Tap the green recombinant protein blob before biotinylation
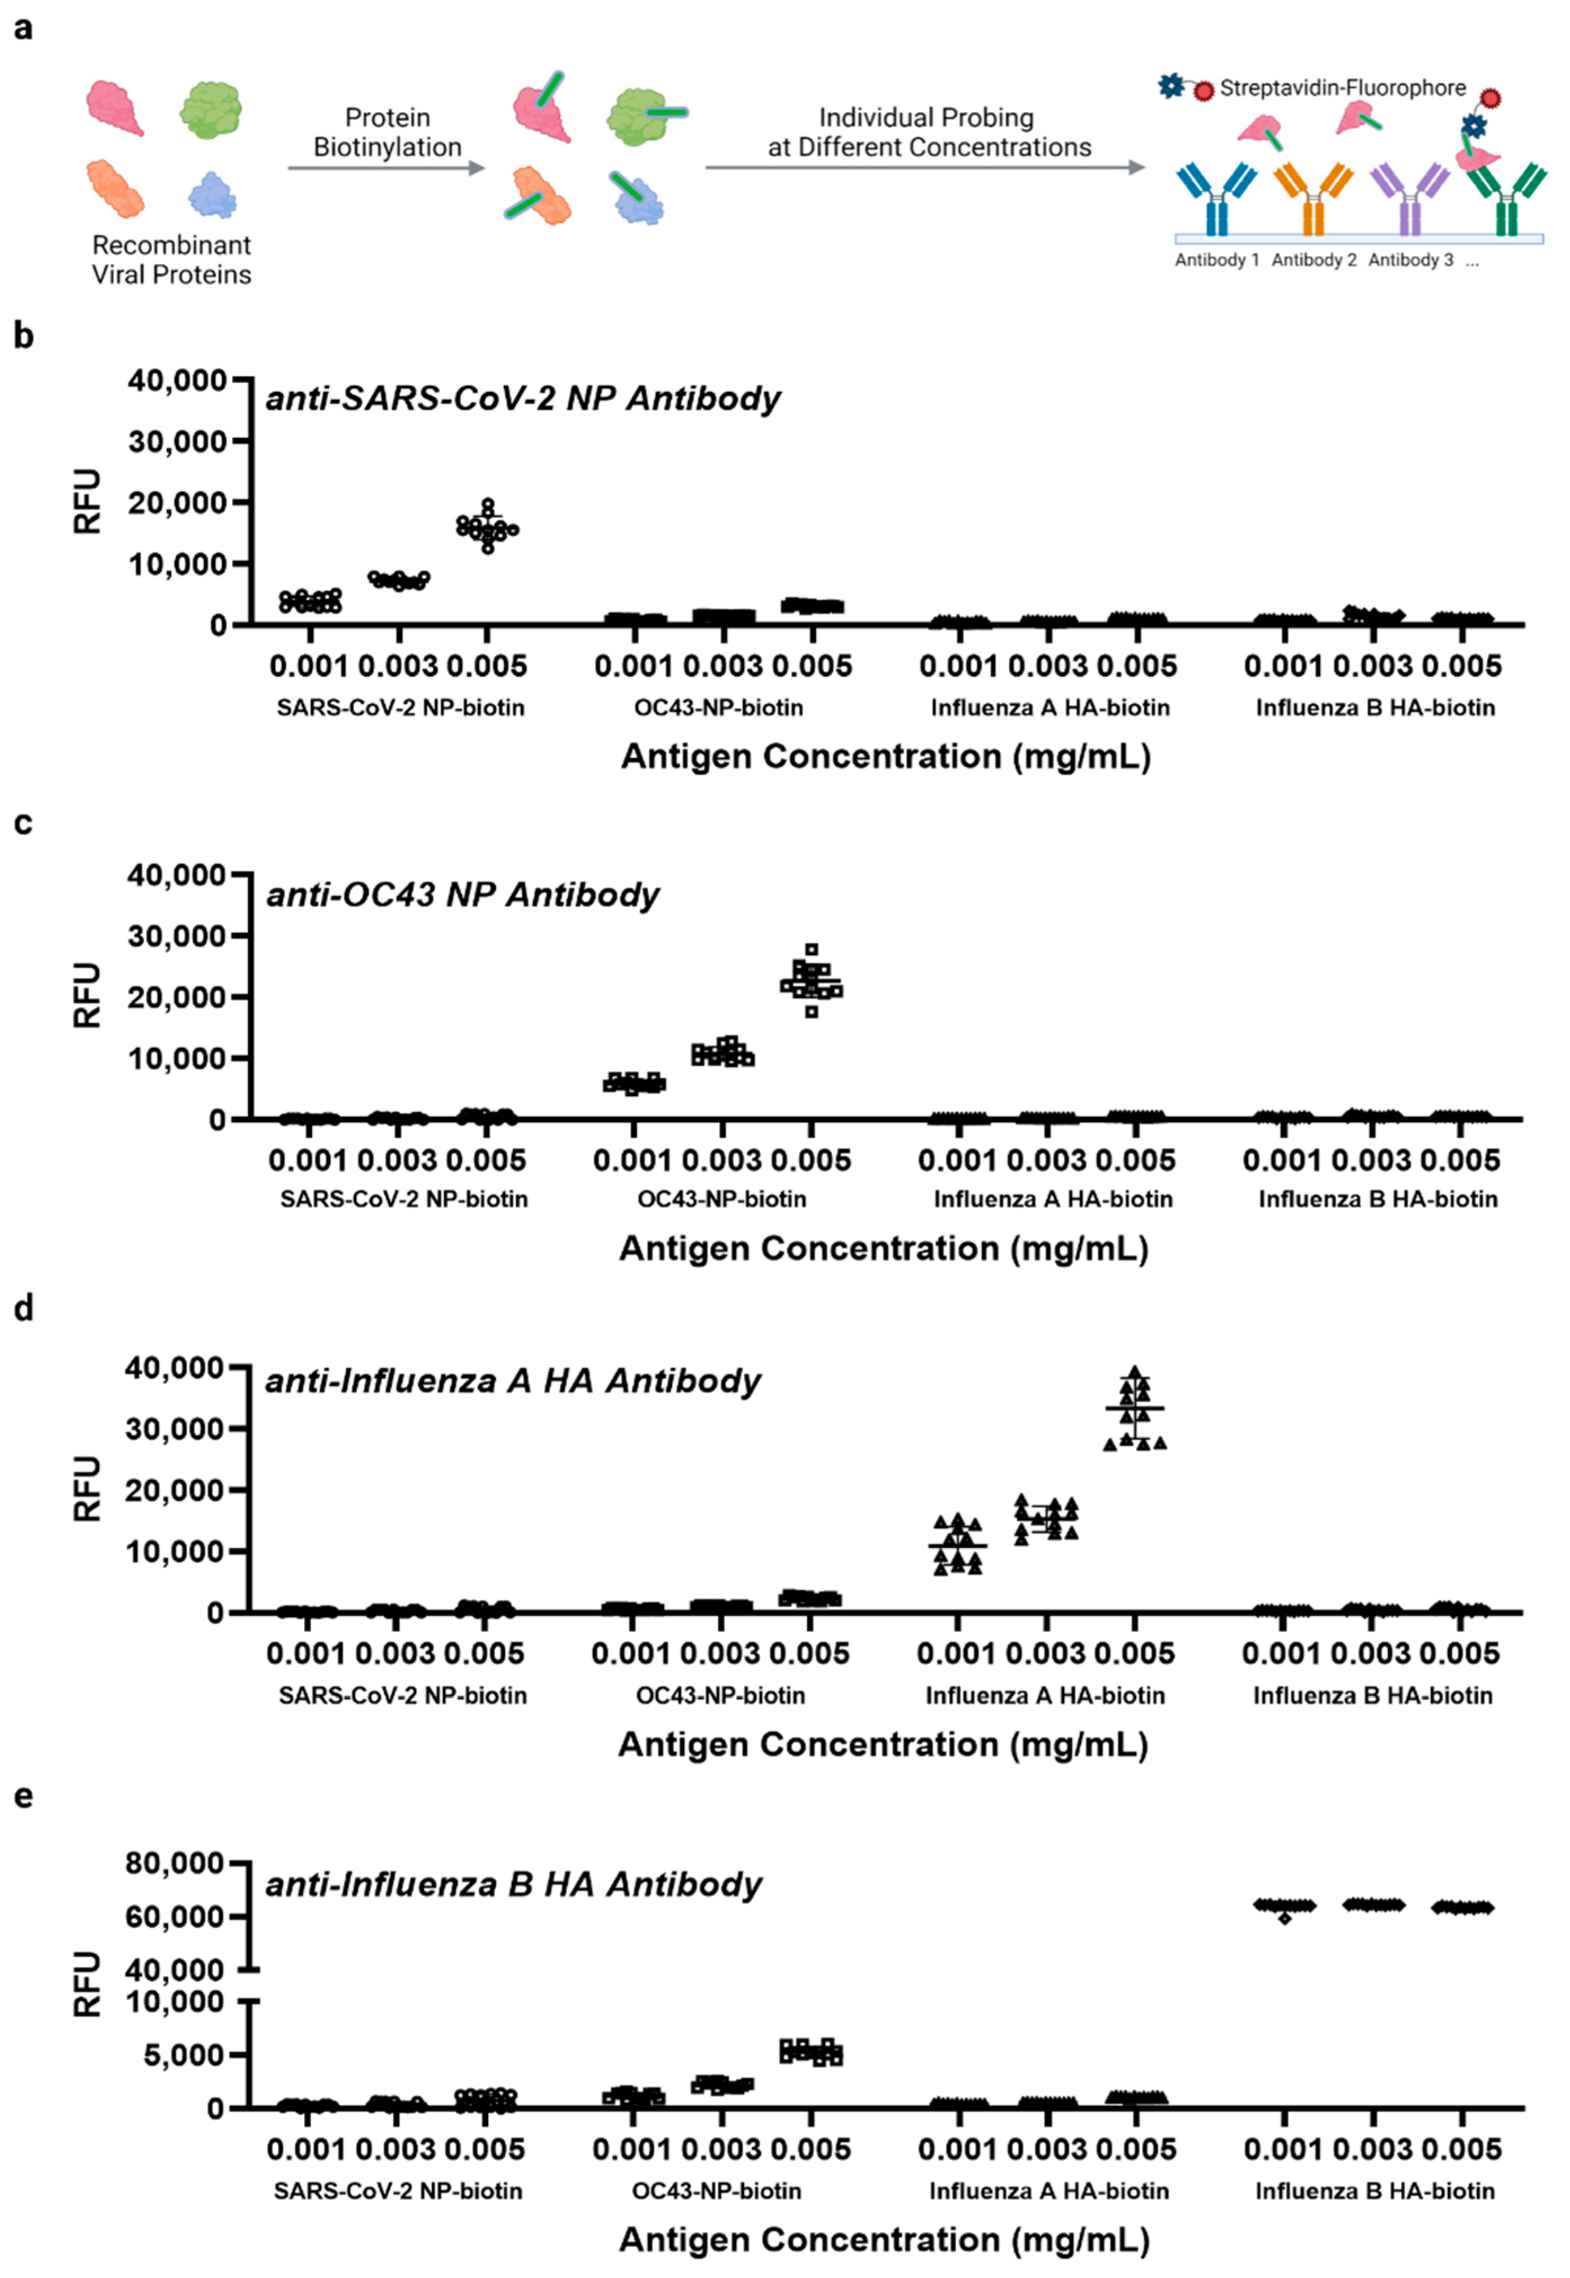[211, 109]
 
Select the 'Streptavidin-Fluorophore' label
[1342, 88]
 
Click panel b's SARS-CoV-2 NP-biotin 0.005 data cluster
[487, 527]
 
